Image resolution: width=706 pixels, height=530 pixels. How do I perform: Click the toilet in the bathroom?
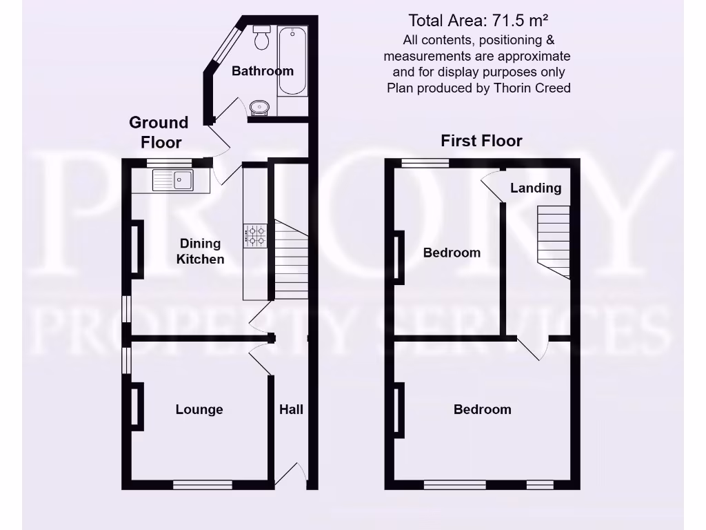pyautogui.click(x=262, y=38)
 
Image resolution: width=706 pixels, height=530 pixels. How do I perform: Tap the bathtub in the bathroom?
pyautogui.click(x=292, y=61)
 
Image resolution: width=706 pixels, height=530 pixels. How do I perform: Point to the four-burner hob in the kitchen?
pyautogui.click(x=256, y=237)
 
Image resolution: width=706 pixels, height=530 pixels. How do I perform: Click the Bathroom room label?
pyautogui.click(x=263, y=71)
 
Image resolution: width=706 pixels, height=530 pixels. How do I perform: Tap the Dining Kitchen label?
pyautogui.click(x=201, y=251)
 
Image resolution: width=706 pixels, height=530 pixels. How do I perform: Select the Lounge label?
pyautogui.click(x=199, y=409)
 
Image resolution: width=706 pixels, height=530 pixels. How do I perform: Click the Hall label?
pyautogui.click(x=291, y=409)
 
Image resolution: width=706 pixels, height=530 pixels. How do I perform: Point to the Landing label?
pyautogui.click(x=536, y=188)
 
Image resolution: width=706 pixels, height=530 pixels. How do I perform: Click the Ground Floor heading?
pyautogui.click(x=159, y=132)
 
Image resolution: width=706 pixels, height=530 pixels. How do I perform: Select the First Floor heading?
pyautogui.click(x=482, y=141)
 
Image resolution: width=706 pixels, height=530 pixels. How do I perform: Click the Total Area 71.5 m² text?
pyautogui.click(x=478, y=20)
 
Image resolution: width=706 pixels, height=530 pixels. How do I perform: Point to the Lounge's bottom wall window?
pyautogui.click(x=203, y=484)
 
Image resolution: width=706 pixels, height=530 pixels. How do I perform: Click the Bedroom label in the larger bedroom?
pyautogui.click(x=483, y=409)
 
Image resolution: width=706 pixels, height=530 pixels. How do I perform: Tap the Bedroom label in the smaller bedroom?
pyautogui.click(x=452, y=253)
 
